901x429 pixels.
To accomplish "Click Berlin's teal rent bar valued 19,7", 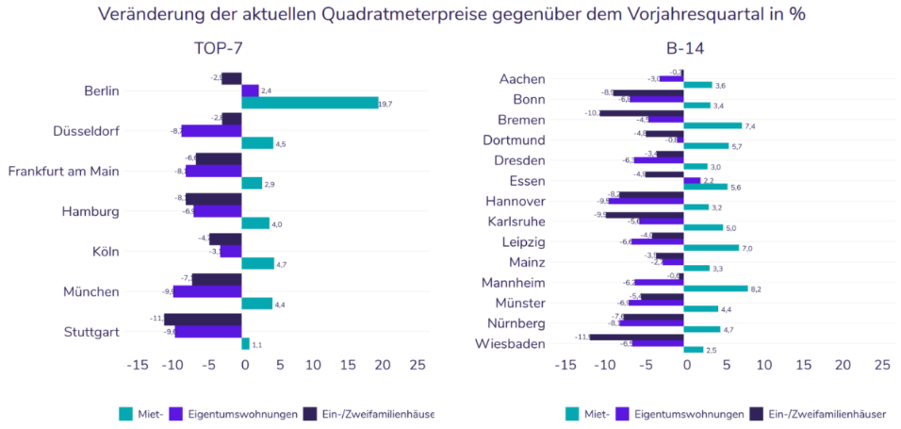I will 310,103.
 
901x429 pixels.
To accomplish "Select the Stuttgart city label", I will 92,332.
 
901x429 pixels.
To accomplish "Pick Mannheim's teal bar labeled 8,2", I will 715,289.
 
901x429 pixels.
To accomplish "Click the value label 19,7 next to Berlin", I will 386,103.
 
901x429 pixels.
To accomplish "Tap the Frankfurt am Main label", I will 63,172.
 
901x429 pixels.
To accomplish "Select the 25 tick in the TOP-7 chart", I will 418,365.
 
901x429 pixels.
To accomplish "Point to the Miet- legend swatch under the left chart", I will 125,413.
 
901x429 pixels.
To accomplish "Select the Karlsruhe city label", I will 513,222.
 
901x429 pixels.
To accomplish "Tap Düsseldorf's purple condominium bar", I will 211,131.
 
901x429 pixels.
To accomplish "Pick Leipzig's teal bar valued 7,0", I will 712,248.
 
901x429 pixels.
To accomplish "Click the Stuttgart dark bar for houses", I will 204,319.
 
